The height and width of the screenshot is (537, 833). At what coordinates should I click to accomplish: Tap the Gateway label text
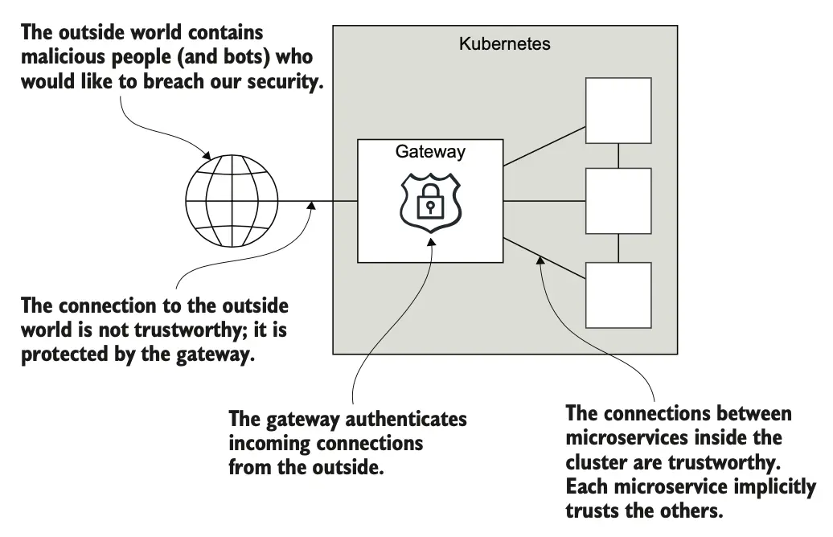click(x=430, y=151)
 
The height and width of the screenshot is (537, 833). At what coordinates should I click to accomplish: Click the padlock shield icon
click(x=430, y=203)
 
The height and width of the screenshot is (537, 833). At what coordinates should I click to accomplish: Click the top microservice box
click(x=618, y=111)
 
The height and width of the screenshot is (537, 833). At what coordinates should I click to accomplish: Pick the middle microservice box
click(x=618, y=201)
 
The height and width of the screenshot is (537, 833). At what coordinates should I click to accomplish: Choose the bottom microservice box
click(x=618, y=293)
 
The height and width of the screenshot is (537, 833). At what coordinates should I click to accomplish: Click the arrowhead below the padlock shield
click(x=433, y=241)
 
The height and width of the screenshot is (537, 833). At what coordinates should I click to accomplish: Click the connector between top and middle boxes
click(x=618, y=156)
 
